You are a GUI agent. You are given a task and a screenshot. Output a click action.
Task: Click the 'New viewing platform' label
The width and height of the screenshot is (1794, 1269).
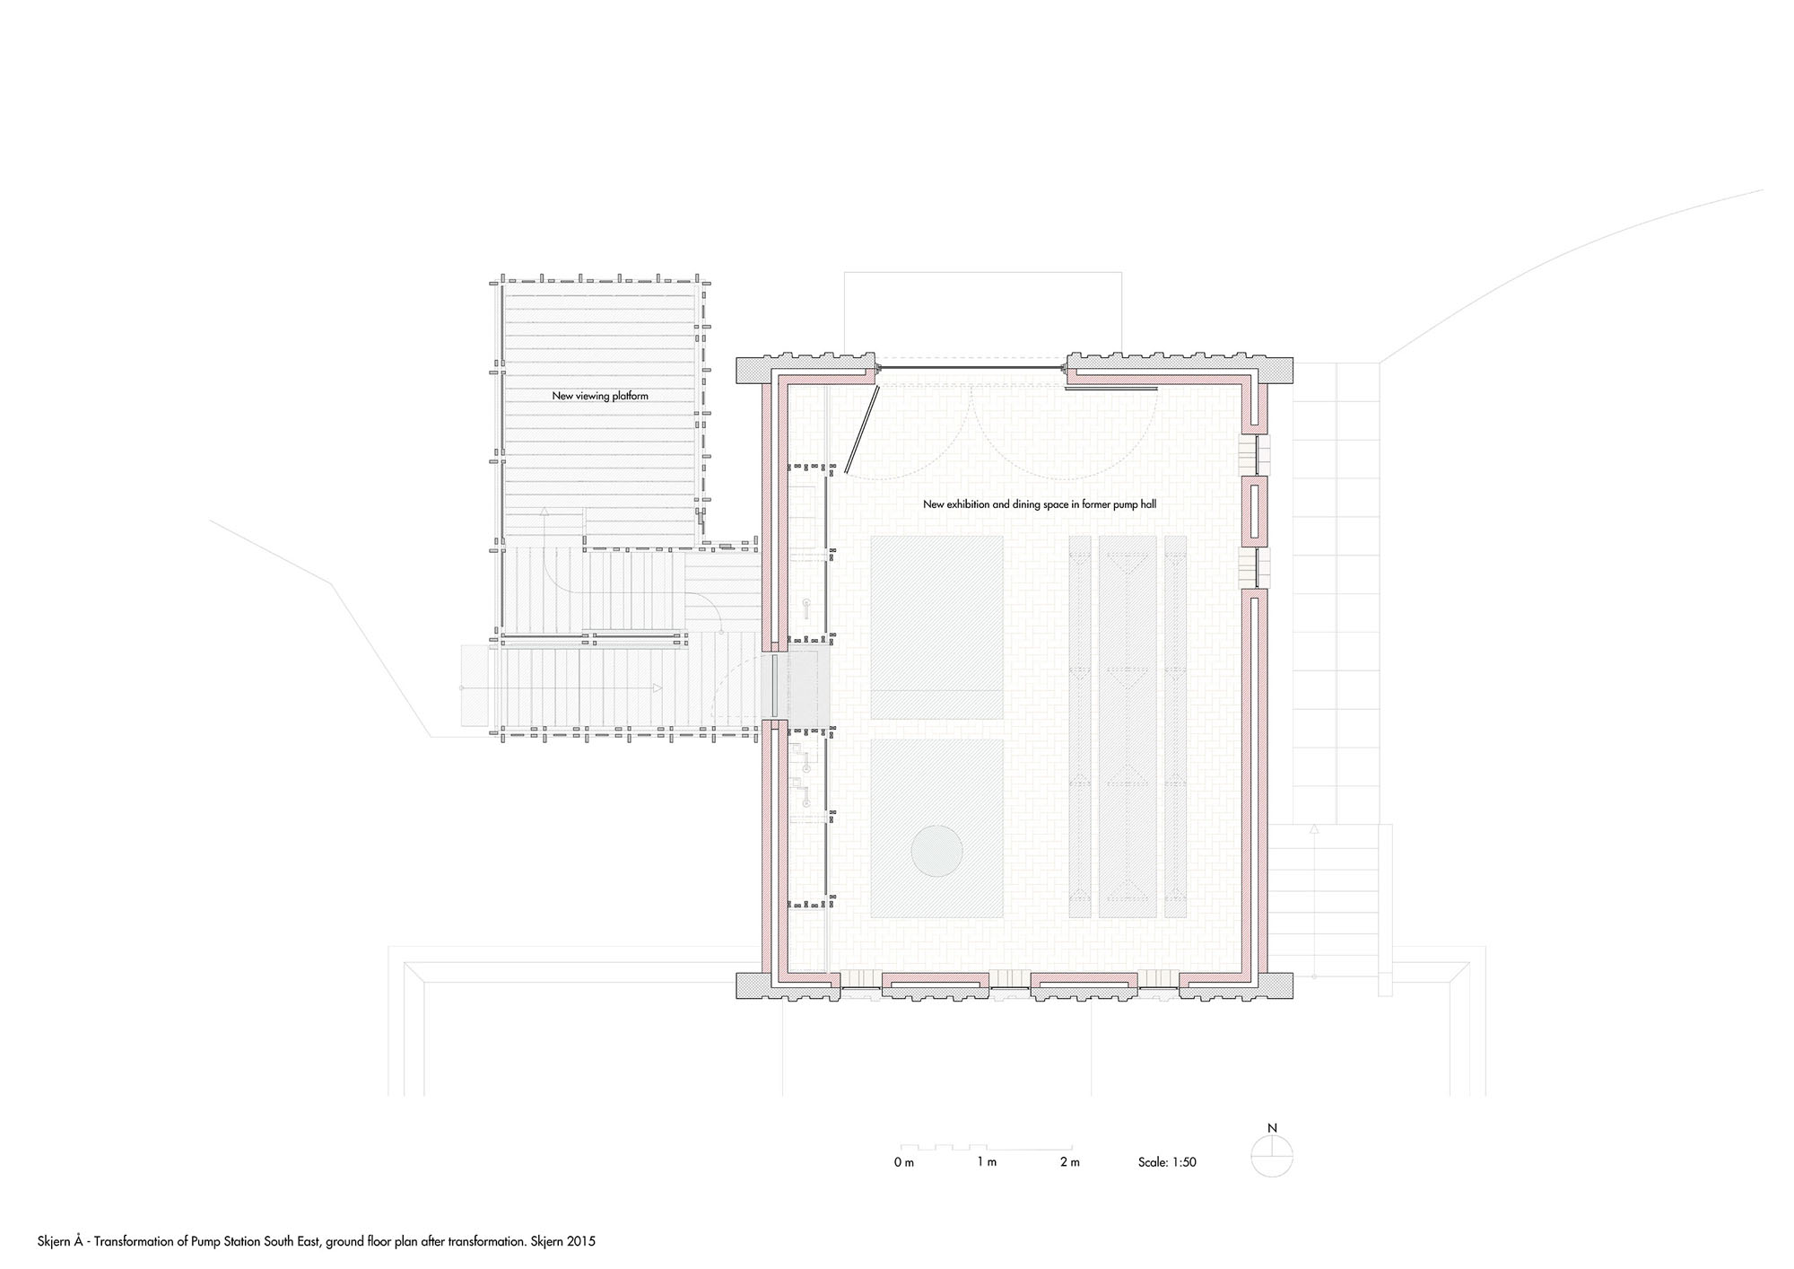tap(599, 396)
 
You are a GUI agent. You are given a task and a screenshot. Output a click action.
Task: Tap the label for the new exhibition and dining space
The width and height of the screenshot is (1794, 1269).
tap(1040, 504)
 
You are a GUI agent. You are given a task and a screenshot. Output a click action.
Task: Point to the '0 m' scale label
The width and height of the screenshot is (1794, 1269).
tap(903, 1162)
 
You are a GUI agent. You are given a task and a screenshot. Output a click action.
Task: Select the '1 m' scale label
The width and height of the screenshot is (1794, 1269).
tap(987, 1162)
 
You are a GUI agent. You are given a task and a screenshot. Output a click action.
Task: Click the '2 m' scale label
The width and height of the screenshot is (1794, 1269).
tap(1069, 1162)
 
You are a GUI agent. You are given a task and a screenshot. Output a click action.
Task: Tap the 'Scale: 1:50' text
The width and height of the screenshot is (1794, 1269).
tap(1167, 1162)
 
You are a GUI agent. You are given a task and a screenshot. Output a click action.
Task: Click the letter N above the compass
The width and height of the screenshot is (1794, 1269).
tap(1272, 1129)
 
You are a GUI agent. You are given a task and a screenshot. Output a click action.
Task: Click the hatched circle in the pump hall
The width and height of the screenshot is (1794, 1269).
tap(937, 849)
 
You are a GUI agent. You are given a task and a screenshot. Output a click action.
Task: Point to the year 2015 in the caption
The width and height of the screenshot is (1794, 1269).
tap(582, 1242)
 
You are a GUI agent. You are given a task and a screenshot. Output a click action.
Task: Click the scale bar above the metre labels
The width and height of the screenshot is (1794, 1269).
tap(987, 1147)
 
